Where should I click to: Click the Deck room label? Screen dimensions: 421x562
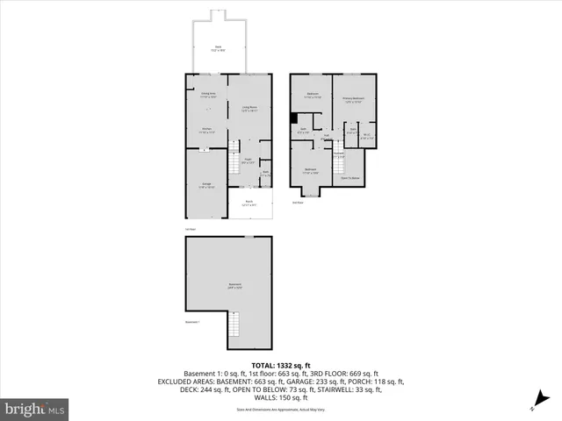point(218,48)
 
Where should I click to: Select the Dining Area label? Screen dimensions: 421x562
point(207,95)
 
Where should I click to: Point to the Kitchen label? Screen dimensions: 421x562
point(206,131)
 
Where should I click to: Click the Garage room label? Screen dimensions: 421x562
point(205,185)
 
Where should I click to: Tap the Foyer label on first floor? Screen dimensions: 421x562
point(249,161)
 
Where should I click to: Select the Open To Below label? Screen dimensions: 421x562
point(352,177)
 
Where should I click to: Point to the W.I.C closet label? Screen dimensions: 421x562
point(368,137)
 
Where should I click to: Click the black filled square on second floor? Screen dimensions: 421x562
point(296,119)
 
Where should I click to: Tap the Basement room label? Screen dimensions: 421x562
point(235,285)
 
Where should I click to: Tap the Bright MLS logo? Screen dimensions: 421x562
point(35,409)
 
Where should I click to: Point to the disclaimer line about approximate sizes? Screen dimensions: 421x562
point(280,410)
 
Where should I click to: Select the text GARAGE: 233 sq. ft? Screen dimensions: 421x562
point(315,382)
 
